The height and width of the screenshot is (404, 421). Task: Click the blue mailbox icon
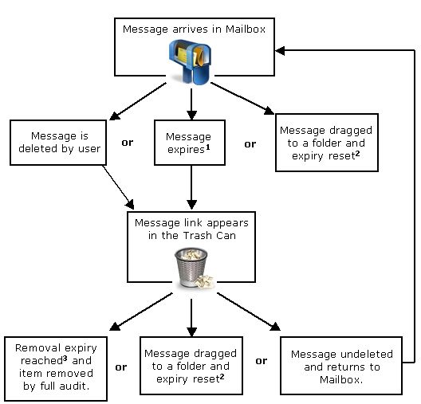pos(190,61)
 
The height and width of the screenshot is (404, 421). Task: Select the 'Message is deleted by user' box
pos(58,143)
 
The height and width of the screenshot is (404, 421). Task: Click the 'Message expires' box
pos(190,143)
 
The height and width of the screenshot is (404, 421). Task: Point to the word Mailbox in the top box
pos(246,29)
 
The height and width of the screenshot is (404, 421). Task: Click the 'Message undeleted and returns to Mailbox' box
pos(341,366)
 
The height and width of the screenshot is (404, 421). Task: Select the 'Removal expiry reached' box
pos(56,369)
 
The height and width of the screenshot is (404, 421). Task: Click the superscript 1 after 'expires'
pos(207,147)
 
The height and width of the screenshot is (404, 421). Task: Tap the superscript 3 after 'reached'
pos(65,358)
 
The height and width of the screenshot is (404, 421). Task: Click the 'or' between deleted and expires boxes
pos(128,143)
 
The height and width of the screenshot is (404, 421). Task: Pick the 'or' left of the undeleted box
pos(262,361)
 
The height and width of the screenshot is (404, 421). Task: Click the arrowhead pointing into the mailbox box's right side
pos(280,50)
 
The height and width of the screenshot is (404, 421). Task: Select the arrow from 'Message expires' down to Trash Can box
pos(191,187)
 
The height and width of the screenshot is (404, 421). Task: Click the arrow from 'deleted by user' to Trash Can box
pos(118,187)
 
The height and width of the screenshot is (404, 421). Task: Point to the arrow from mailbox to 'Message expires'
pos(191,104)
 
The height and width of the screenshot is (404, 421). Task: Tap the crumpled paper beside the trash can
pos(205,281)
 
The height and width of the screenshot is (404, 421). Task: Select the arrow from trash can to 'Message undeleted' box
pos(249,312)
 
